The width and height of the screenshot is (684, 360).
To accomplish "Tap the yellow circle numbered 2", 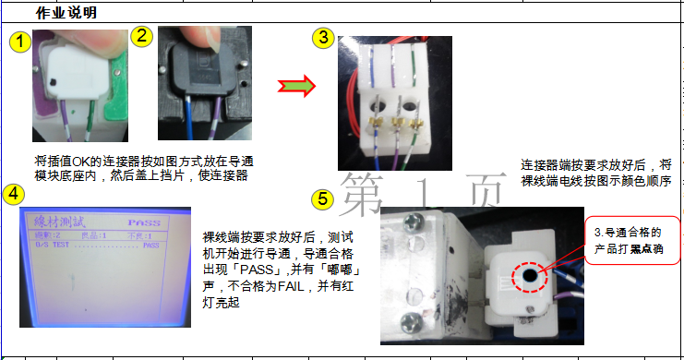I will tap(141, 36).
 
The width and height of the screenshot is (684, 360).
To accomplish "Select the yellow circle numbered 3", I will tap(321, 38).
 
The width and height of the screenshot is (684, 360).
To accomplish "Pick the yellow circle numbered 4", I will tap(13, 193).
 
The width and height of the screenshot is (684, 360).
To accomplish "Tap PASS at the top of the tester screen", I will tap(144, 222).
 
